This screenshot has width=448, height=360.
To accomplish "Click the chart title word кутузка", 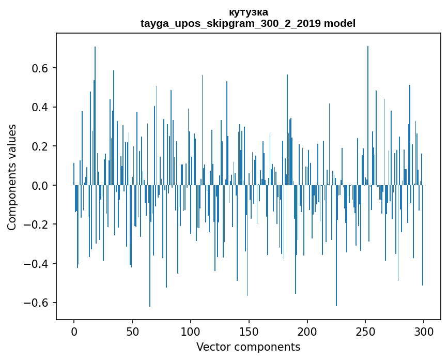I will pos(248,12).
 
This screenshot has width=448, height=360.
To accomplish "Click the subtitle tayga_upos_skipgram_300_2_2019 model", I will pos(248,23).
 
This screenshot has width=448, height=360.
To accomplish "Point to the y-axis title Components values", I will pos(12,177).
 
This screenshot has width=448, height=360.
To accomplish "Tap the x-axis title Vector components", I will pos(248,347).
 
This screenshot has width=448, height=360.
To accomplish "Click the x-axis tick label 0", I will pos(74,331).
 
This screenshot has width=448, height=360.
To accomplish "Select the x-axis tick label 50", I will pos(132,331).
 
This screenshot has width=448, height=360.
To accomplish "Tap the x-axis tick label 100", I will pos(191,331).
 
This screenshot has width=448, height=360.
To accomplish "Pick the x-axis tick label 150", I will pos(249,331).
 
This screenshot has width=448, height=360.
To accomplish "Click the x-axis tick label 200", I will pos(307,331).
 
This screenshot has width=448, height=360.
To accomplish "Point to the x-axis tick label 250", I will pos(365,331).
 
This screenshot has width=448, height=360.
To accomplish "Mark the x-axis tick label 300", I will pos(424,331).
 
